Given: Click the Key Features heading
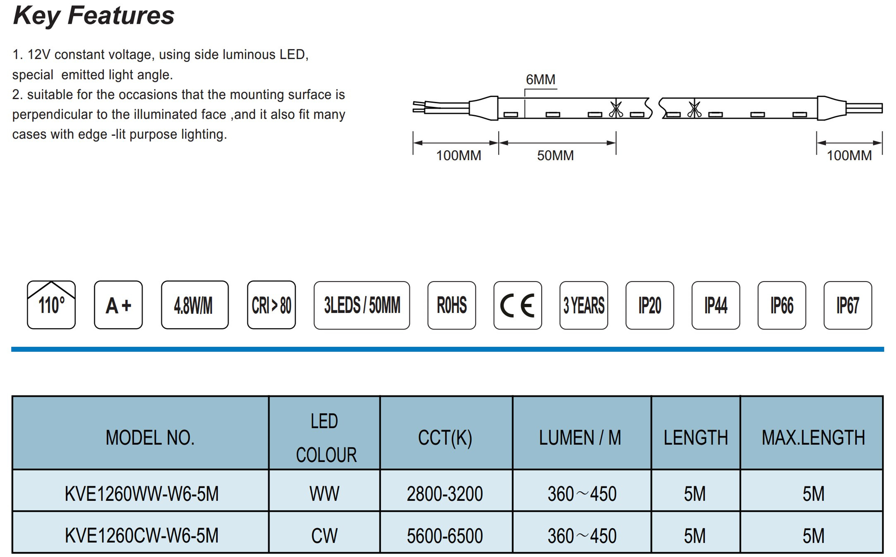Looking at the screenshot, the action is point(94,16).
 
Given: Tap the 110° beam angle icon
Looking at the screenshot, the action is point(51,305).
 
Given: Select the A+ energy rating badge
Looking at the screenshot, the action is point(118,305).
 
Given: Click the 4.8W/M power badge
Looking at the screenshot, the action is point(195,305).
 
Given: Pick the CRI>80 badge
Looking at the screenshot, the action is point(271,305).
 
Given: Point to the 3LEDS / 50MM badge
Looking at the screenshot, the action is point(362,305).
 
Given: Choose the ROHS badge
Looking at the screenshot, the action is point(452,305).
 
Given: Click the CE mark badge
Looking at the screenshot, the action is point(518,305).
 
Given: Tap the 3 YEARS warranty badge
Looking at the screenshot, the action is point(584,305).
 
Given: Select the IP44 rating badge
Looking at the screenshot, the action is point(716,305).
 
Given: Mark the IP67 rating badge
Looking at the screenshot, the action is point(848,305).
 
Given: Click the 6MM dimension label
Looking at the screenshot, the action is point(540,79).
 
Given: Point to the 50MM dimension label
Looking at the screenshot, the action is point(555,156).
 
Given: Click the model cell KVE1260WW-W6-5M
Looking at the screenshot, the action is point(141,494).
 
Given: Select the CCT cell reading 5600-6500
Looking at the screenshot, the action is point(445,536).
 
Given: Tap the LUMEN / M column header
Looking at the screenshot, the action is point(580,438).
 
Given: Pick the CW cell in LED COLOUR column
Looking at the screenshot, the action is point(324,536).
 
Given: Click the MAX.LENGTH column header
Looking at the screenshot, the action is point(813,438).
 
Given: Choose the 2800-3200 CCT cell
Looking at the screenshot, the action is point(445,494).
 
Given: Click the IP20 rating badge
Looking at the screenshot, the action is point(650,305).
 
